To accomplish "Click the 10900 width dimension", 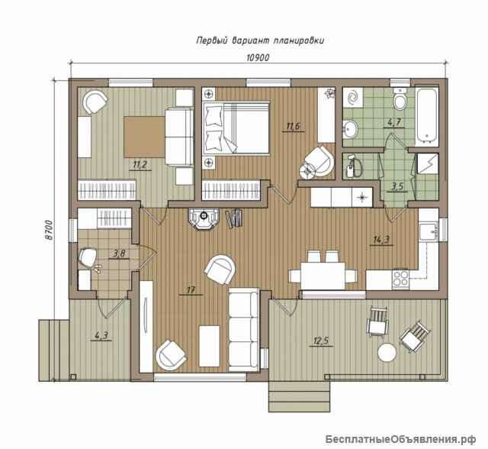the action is click(258, 57).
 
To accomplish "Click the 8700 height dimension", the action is click(49, 230).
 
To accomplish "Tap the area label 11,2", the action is click(140, 164).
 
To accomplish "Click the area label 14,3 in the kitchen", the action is click(381, 239).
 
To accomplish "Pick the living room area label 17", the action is click(191, 290).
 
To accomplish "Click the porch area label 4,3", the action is click(101, 335).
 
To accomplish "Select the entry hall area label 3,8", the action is click(119, 254).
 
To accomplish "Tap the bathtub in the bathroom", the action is click(427, 117).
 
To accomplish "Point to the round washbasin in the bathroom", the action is click(351, 128).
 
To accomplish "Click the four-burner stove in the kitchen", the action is click(400, 278).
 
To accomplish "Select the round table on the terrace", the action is click(387, 352).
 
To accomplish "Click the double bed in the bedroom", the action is click(236, 128).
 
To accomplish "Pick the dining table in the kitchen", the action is click(323, 276).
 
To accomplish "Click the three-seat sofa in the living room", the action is click(244, 330).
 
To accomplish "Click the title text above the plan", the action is click(260, 40).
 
